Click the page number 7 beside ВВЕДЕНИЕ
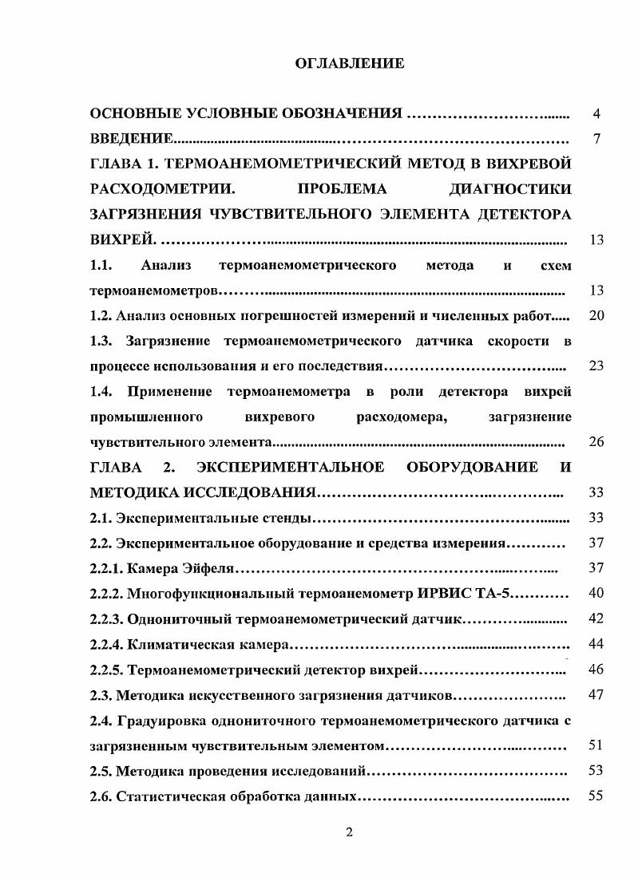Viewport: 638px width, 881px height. pyautogui.click(x=596, y=140)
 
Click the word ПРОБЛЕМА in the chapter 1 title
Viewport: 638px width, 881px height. pyautogui.click(x=342, y=191)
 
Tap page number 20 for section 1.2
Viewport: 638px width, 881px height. pyautogui.click(x=596, y=316)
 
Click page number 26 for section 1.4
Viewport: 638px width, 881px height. pyautogui.click(x=596, y=442)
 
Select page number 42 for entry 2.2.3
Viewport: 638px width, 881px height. pyautogui.click(x=596, y=618)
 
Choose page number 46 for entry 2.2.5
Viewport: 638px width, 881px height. pyautogui.click(x=596, y=669)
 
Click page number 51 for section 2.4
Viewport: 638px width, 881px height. pyautogui.click(x=596, y=745)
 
